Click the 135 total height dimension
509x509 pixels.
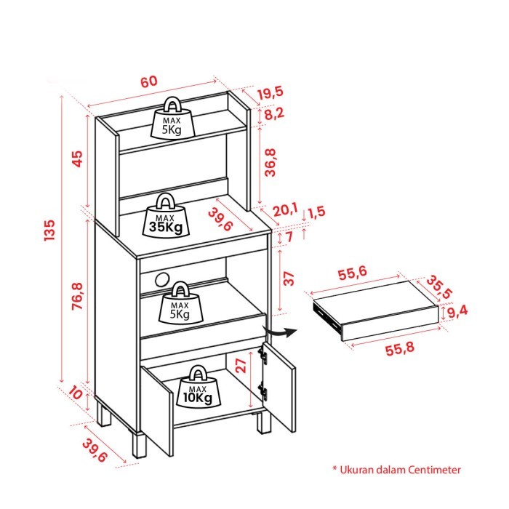pos(49,230)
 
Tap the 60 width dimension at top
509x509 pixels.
pos(148,81)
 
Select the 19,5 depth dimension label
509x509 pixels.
pos(270,93)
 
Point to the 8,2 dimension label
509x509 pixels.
pos(274,114)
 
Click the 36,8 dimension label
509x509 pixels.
pos(270,162)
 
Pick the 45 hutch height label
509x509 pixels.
pos(78,159)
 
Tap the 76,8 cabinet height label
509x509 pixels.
pos(78,296)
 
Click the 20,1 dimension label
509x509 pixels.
pos(285,210)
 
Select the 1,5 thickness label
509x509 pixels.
pos(316,212)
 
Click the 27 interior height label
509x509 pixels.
pos(241,366)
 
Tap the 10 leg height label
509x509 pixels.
pos(76,393)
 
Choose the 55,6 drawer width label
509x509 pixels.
pos(352,273)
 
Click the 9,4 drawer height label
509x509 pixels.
pos(457,312)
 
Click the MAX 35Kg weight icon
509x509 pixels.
pos(166,216)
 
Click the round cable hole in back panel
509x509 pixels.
pos(163,280)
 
